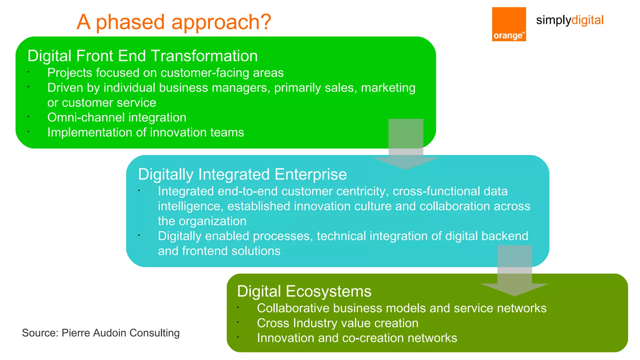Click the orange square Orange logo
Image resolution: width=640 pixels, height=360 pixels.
click(509, 24)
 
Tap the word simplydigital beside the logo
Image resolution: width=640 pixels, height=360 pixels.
click(569, 20)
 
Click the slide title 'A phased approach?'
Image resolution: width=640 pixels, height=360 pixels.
click(174, 22)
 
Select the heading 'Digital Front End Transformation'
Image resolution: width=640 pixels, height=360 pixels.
click(142, 56)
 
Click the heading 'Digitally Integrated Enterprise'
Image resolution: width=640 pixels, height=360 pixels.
click(242, 174)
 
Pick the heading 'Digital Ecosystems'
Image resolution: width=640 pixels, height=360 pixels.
click(304, 291)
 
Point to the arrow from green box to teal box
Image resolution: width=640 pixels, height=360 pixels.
click(406, 144)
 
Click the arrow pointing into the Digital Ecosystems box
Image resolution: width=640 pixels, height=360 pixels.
click(514, 272)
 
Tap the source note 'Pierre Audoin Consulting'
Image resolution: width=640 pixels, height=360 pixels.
click(101, 333)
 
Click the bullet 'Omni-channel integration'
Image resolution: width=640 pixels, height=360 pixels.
click(117, 117)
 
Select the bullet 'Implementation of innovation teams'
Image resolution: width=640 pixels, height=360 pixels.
click(145, 132)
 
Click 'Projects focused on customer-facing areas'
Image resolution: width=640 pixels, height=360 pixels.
click(165, 73)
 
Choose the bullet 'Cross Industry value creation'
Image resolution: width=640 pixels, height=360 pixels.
click(337, 323)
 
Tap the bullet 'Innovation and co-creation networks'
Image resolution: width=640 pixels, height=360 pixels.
click(357, 338)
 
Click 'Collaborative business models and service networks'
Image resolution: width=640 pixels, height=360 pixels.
click(402, 308)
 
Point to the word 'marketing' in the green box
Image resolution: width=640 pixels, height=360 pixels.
click(388, 88)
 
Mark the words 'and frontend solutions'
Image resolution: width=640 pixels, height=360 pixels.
click(219, 251)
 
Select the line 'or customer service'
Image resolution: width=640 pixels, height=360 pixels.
click(102, 103)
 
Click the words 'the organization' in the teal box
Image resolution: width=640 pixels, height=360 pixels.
click(202, 221)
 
